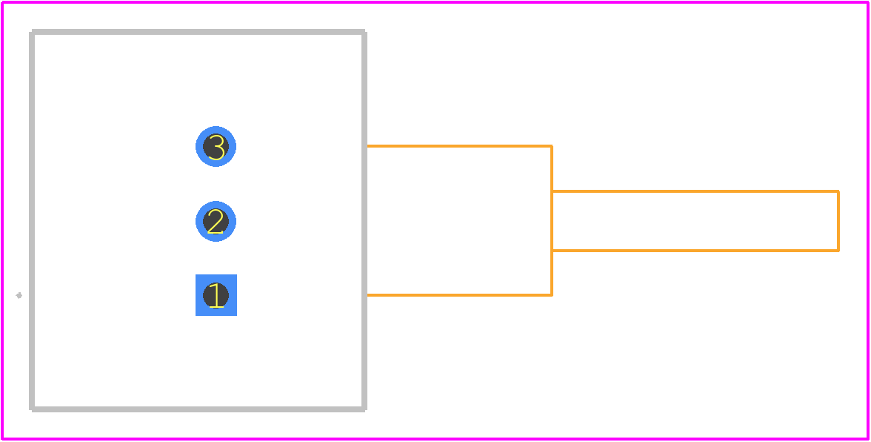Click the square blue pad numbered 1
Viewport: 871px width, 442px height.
pos(216,295)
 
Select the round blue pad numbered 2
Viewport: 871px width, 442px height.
pos(216,221)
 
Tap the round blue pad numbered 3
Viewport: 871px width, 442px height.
pos(216,147)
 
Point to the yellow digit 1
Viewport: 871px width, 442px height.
pos(216,295)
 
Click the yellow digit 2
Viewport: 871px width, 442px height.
pos(216,221)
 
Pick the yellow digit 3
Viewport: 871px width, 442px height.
pos(216,148)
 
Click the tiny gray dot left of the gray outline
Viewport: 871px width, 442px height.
pos(19,295)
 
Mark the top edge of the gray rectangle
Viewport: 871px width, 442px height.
pos(198,32)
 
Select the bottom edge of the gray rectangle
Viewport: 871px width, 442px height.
pos(198,410)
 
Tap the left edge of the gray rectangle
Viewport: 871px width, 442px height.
pos(33,221)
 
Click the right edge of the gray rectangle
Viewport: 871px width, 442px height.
pos(364,221)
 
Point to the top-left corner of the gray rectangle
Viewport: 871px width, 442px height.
pos(33,32)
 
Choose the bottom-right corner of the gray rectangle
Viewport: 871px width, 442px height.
pos(364,410)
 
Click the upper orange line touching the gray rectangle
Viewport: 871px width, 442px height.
pos(459,146)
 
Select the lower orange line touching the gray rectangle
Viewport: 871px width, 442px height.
pos(459,295)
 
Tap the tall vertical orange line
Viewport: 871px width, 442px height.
pos(552,221)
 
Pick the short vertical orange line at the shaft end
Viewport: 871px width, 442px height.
pos(838,221)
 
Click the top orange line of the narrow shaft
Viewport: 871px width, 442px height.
pos(695,191)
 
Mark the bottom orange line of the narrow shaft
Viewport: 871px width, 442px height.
pos(695,251)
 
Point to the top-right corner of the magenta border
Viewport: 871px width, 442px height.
pos(868,3)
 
